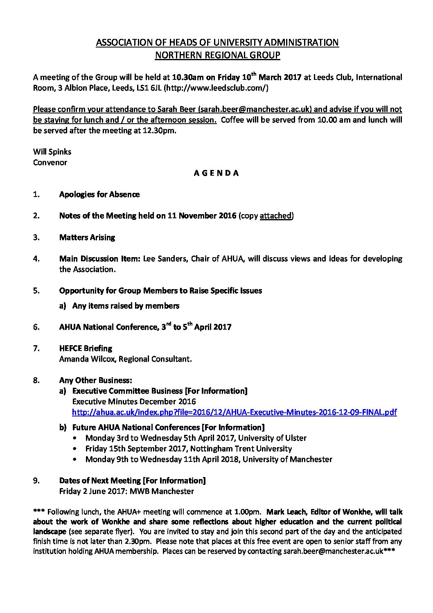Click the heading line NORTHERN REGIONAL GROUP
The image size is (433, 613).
pyautogui.click(x=217, y=55)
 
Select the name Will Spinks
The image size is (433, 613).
pyautogui.click(x=52, y=152)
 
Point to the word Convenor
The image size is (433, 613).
pyautogui.click(x=50, y=162)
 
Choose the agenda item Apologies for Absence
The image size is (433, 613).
pyautogui.click(x=99, y=194)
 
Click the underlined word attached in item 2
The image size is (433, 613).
pyautogui.click(x=275, y=216)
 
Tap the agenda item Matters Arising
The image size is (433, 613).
pyautogui.click(x=87, y=237)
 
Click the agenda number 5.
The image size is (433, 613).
pyautogui.click(x=36, y=291)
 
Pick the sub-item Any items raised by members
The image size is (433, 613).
pyautogui.click(x=126, y=305)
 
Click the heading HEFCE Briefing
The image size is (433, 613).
pyautogui.click(x=86, y=348)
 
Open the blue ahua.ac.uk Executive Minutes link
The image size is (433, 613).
pyautogui.click(x=234, y=412)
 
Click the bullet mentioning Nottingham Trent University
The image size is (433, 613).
pyautogui.click(x=189, y=448)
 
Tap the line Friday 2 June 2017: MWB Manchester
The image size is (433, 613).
pyautogui.click(x=126, y=491)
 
